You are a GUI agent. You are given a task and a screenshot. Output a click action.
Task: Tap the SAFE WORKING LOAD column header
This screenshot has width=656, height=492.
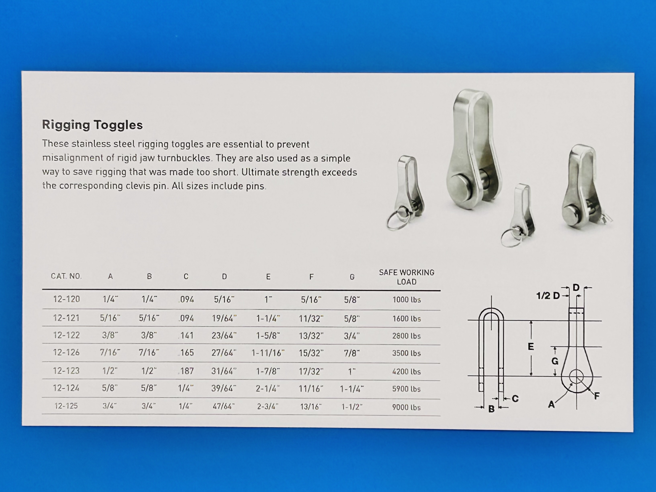coord(407,277)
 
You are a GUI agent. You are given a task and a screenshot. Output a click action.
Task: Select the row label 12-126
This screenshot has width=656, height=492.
coord(66,352)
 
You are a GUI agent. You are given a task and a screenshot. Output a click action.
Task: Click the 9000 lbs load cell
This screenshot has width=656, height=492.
coord(406,407)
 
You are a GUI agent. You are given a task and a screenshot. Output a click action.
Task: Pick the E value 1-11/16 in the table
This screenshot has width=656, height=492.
coord(268,353)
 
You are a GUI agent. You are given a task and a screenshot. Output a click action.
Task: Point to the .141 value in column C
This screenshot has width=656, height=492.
coord(186,335)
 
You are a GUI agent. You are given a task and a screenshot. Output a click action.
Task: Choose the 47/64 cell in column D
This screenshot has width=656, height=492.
coord(224,406)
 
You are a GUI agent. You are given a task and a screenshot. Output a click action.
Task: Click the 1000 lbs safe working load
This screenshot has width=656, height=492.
coord(407,300)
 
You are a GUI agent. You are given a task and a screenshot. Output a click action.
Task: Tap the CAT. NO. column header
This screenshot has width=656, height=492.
coord(66,276)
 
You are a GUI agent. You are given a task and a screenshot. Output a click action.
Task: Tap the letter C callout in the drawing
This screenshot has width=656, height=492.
coord(515,399)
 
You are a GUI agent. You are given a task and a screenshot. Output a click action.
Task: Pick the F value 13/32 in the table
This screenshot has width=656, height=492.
coord(311,336)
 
